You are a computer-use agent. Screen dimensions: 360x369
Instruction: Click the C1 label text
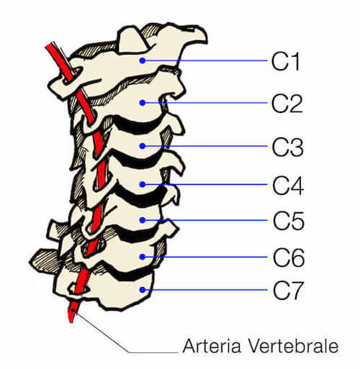[x=286, y=61]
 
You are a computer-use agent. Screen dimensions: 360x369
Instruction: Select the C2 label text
[x=287, y=104]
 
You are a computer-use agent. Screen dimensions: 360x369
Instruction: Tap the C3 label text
[x=288, y=147]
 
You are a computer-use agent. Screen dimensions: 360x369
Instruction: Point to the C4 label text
[x=288, y=186]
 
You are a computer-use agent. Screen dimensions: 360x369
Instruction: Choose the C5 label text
[x=289, y=221]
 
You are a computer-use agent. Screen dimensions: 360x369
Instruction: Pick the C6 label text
[x=289, y=258]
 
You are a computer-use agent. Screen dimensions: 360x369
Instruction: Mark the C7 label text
[x=288, y=291]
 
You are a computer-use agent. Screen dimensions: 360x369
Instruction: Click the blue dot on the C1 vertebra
[x=143, y=60]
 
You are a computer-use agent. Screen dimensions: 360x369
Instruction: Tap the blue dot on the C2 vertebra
[x=143, y=103]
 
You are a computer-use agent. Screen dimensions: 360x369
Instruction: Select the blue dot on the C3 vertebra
[x=143, y=146]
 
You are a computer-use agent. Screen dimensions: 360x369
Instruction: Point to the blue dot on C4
[x=143, y=184]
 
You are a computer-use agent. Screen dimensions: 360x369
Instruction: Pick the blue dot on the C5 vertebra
[x=143, y=220]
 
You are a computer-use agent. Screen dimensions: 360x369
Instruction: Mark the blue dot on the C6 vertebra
[x=143, y=257]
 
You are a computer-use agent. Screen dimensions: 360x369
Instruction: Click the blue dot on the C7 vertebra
[x=143, y=290]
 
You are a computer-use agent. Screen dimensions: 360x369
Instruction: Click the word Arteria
[x=212, y=346]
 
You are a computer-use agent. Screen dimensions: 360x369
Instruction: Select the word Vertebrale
[x=293, y=346]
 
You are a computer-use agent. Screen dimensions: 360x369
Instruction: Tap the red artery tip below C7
[x=71, y=322]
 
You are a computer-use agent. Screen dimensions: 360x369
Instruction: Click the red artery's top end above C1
[x=49, y=45]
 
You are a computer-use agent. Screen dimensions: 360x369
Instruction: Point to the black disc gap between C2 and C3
[x=136, y=125]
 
